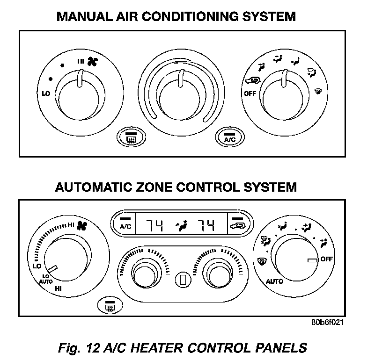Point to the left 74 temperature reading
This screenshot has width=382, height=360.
pyautogui.click(x=153, y=226)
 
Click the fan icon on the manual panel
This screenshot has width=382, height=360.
pyautogui.click(x=91, y=61)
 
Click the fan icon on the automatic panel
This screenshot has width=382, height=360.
pyautogui.click(x=82, y=226)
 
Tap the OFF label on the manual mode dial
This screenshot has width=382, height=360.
pyautogui.click(x=250, y=93)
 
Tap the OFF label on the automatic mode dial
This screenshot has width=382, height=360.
pyautogui.click(x=327, y=259)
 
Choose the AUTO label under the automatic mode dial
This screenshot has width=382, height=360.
pyautogui.click(x=274, y=281)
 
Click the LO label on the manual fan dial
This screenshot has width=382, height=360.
pyautogui.click(x=45, y=94)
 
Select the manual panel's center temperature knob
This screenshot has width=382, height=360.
pyautogui.click(x=181, y=91)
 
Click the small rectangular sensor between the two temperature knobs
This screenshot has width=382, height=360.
pyautogui.click(x=181, y=280)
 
